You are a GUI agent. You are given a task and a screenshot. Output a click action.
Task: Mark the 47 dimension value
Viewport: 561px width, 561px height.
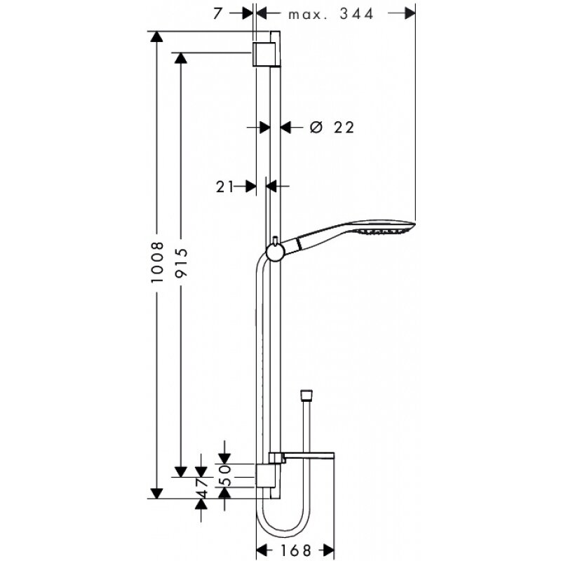click(202, 487)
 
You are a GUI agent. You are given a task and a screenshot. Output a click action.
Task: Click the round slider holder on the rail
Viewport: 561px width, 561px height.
click(275, 250)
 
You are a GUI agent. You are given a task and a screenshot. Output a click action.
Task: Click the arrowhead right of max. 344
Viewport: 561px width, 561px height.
click(409, 13)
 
